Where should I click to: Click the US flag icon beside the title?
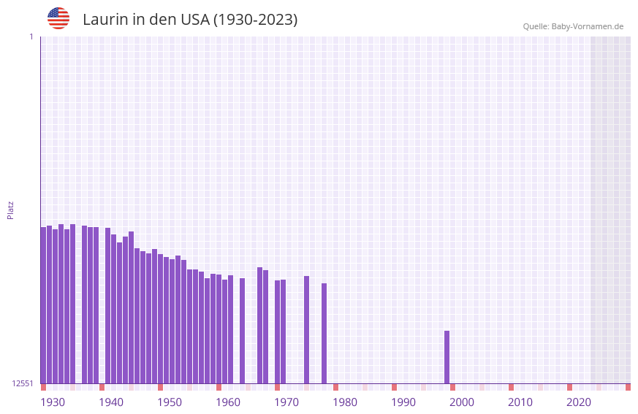click(x=58, y=18)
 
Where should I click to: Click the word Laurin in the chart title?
click(x=105, y=20)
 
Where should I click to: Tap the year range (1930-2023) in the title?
click(x=255, y=20)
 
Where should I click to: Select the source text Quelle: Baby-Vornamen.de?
click(x=573, y=26)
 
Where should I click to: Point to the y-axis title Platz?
click(x=10, y=210)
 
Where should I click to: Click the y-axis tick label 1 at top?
click(x=31, y=37)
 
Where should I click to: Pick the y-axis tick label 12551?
click(x=23, y=383)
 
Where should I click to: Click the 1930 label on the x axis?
click(x=53, y=402)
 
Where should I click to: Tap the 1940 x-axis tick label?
click(x=111, y=402)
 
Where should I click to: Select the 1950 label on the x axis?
click(x=170, y=402)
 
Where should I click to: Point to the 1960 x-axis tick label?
click(x=228, y=402)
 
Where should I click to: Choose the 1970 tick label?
click(x=286, y=402)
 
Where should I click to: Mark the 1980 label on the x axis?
click(x=345, y=402)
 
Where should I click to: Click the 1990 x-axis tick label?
click(x=403, y=402)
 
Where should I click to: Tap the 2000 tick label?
click(x=462, y=402)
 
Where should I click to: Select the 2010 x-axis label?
click(x=520, y=402)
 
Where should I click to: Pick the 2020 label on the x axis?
click(x=579, y=402)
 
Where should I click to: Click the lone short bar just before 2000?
click(x=447, y=357)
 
